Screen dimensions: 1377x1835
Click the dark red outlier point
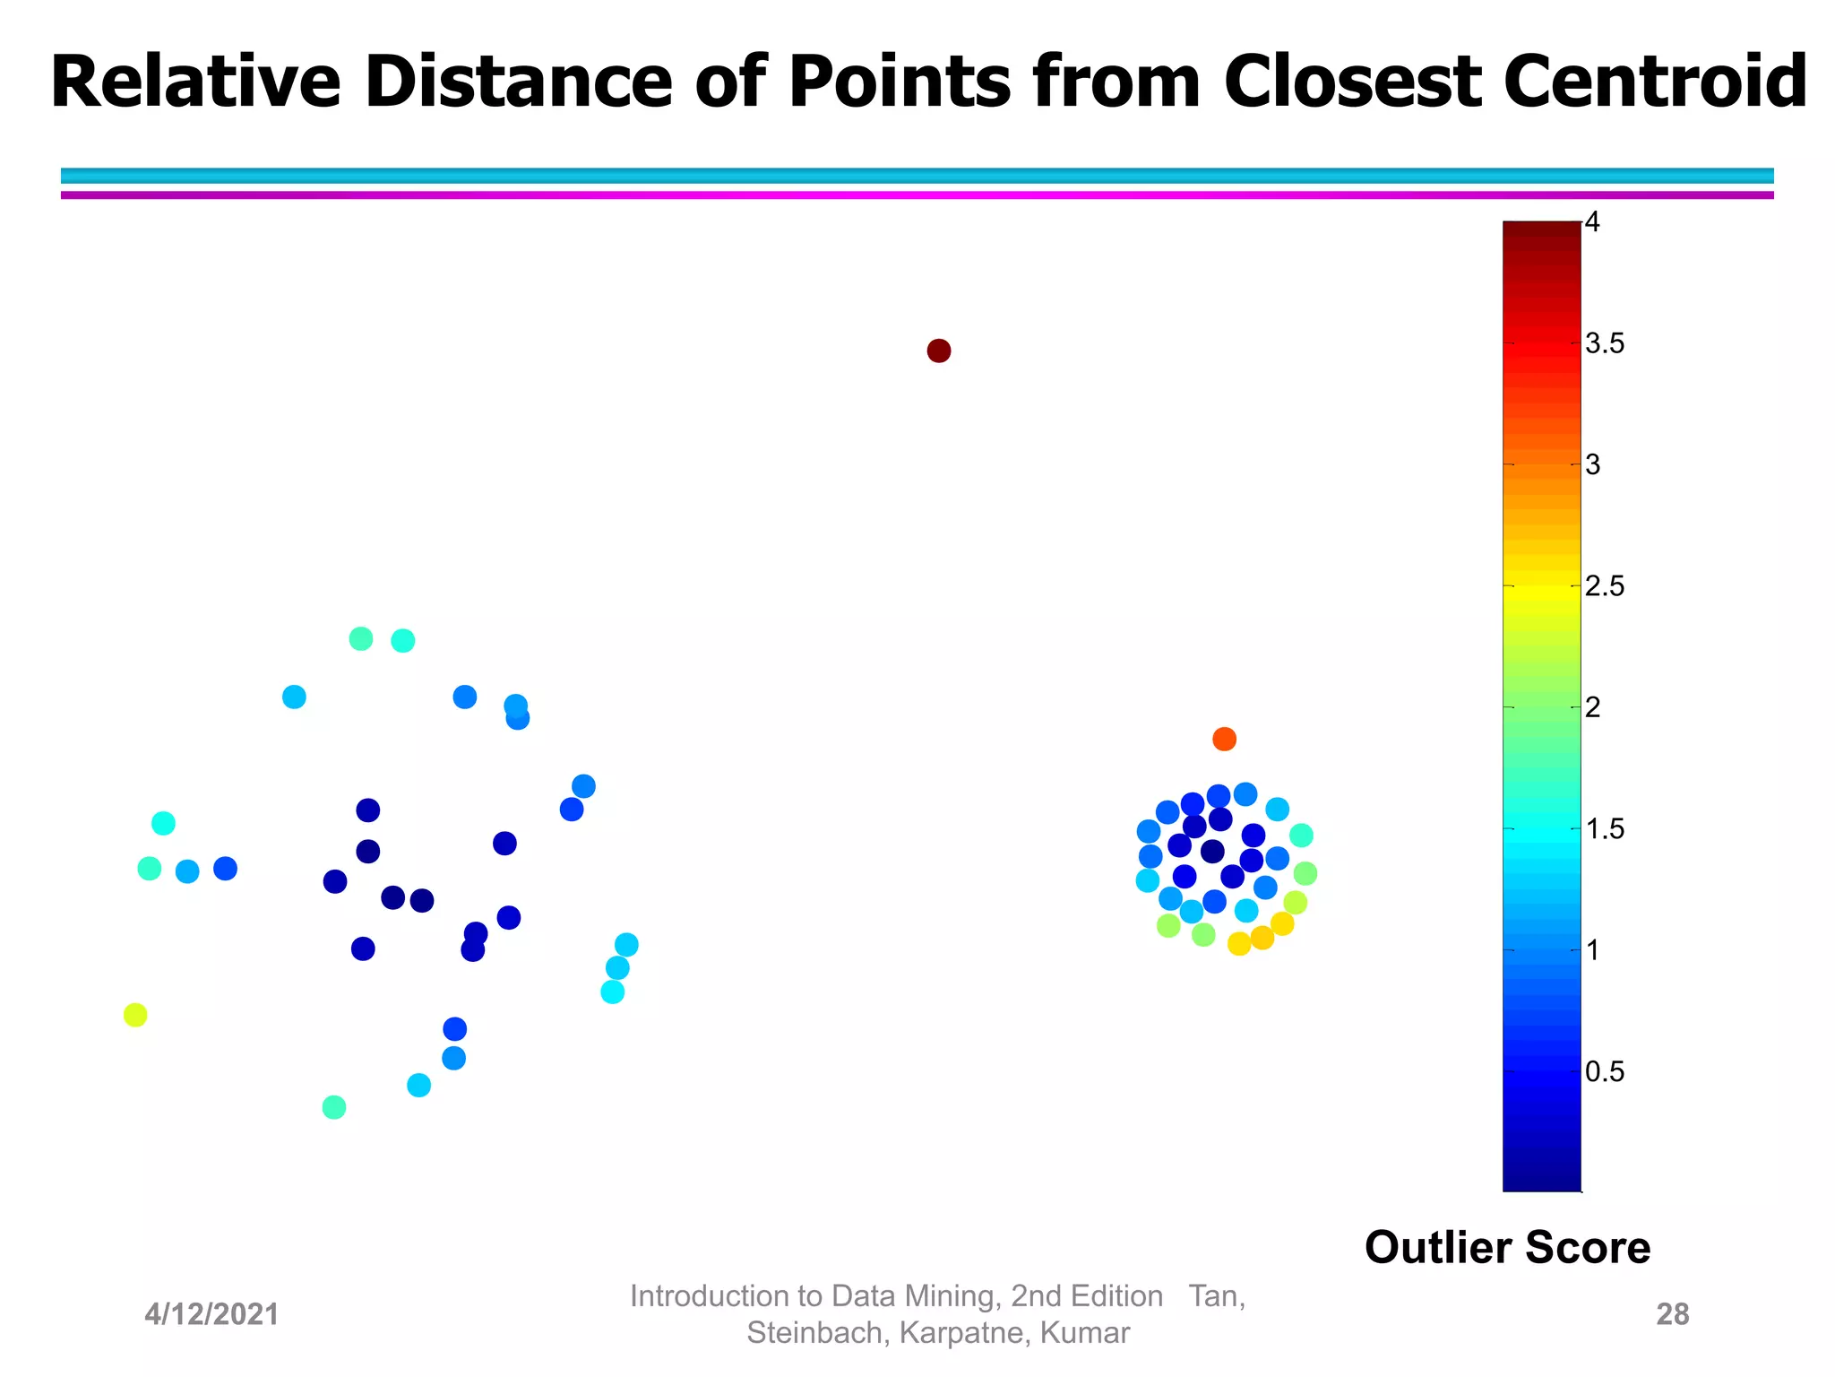click(x=938, y=351)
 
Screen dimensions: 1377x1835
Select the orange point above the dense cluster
click(x=1224, y=739)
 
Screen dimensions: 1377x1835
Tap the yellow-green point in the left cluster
click(x=135, y=1015)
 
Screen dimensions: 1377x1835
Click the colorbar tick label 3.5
click(x=1604, y=344)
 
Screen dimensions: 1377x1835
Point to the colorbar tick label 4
click(x=1592, y=222)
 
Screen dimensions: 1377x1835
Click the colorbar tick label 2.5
click(x=1604, y=587)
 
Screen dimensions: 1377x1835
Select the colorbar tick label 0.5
click(x=1604, y=1072)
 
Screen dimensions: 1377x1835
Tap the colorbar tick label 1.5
click(x=1604, y=830)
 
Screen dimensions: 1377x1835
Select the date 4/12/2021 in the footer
click(x=212, y=1314)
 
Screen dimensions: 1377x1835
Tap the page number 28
click(x=1672, y=1314)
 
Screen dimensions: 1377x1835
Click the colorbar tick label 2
click(x=1592, y=708)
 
